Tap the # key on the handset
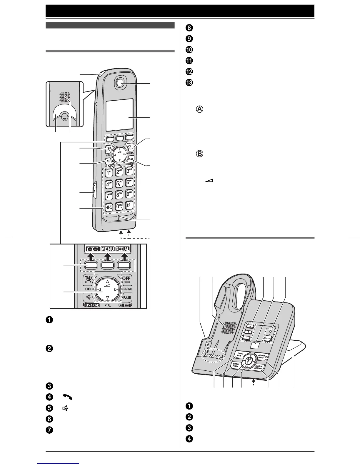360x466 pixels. click(x=129, y=205)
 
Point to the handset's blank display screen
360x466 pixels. click(x=119, y=115)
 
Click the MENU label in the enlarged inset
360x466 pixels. click(x=107, y=249)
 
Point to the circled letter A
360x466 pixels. click(x=199, y=109)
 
